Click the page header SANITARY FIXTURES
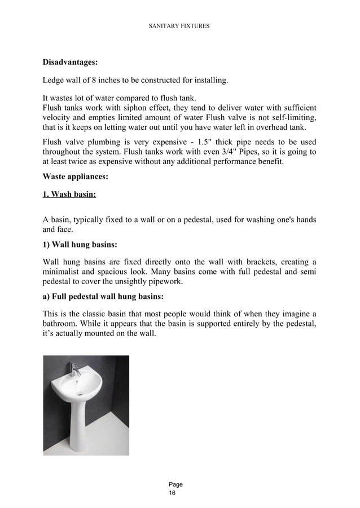[179, 25]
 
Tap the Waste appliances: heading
[76, 176]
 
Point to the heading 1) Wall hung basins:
[80, 245]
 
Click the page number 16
[172, 493]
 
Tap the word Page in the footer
[175, 484]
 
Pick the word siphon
[134, 108]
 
